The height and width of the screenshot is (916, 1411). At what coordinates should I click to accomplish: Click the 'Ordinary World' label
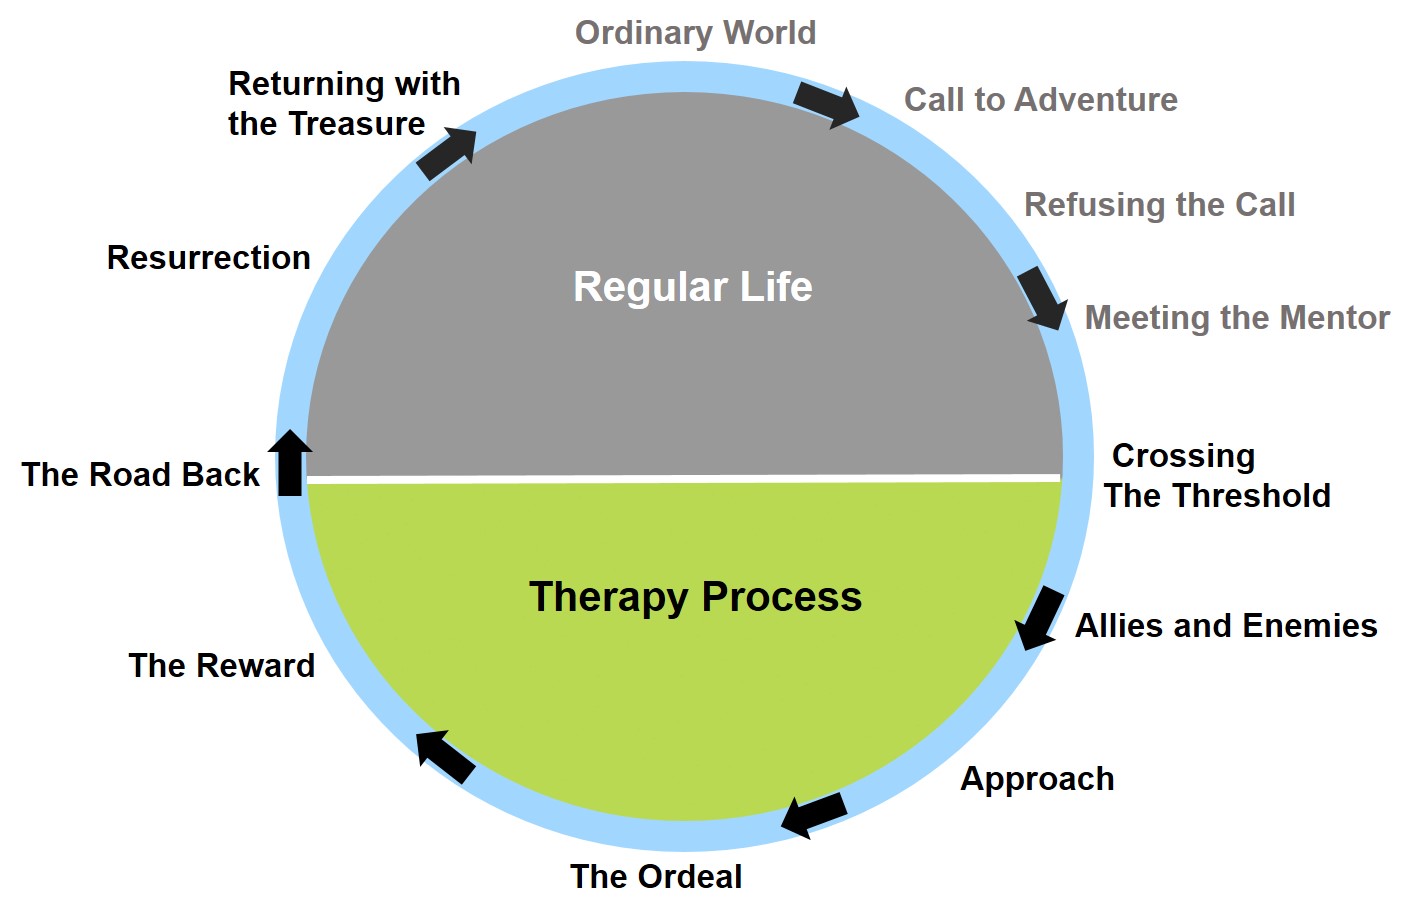695,33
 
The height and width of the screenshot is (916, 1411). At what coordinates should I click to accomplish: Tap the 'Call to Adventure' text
1040,100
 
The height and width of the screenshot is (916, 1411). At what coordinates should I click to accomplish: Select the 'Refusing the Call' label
1159,205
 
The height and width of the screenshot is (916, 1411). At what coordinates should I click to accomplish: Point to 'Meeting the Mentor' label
1237,318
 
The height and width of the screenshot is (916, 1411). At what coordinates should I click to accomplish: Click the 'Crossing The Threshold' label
1216,476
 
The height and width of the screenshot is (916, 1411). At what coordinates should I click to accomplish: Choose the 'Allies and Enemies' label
1226,626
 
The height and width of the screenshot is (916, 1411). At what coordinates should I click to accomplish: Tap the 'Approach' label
1037,779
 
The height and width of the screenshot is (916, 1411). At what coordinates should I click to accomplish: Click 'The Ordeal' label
656,877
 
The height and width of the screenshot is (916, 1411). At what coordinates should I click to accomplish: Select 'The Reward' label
222,666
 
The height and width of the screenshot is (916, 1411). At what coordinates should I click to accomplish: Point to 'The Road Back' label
140,475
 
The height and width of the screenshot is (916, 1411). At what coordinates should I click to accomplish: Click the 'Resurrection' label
208,258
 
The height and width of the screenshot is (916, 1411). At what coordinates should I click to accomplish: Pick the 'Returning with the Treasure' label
343,104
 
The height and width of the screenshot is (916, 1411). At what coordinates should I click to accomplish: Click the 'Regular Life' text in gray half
692,287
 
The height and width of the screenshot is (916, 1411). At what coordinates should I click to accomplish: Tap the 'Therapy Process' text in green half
695,597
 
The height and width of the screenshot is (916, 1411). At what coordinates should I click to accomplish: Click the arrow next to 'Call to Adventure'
827,104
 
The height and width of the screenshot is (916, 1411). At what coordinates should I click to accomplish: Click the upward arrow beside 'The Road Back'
291,462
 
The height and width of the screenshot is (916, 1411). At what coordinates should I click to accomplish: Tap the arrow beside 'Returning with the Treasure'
446,153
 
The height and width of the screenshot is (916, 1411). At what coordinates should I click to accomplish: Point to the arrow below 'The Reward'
445,756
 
